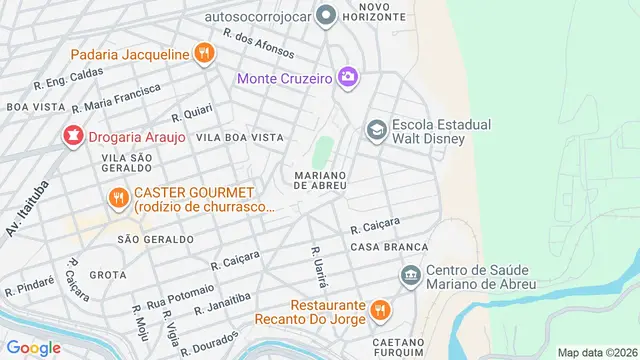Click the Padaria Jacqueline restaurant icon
click(204, 53)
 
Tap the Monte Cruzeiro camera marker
click(347, 77)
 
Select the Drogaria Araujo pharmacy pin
click(73, 136)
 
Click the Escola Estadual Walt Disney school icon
click(376, 130)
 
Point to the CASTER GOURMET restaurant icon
click(118, 198)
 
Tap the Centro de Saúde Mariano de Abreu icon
click(409, 275)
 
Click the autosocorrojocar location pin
click(324, 15)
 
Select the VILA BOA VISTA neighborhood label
click(240, 137)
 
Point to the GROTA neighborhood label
click(107, 274)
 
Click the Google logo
click(33, 347)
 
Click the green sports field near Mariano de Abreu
click(321, 153)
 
